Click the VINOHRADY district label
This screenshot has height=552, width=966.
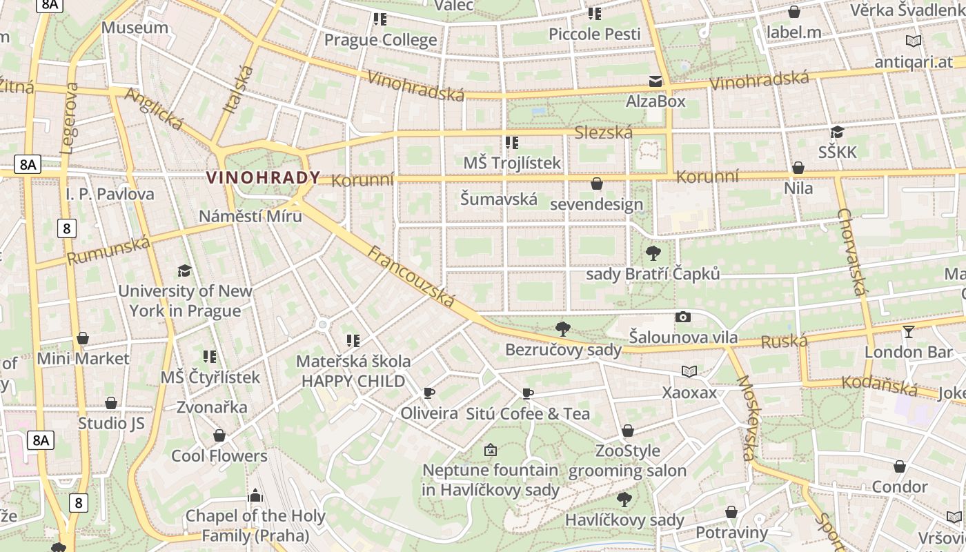263,177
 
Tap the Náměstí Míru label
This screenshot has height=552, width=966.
250,216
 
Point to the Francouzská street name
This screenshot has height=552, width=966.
411,276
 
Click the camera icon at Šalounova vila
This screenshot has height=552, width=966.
683,317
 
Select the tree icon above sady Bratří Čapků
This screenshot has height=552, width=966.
653,253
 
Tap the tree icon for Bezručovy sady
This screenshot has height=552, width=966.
563,328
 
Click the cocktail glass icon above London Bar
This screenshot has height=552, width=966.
908,332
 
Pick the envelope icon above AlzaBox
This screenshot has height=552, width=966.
655,81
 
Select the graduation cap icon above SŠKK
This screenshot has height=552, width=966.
837,132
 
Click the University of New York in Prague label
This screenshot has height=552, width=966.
185,301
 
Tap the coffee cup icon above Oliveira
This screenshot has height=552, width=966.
429,393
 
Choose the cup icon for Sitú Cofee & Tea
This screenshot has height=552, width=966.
528,393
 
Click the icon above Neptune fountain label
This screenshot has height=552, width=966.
490,450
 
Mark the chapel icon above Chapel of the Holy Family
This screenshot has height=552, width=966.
255,495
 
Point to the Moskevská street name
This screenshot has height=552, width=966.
744,418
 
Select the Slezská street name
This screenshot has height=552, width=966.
604,132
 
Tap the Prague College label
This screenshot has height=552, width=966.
380,40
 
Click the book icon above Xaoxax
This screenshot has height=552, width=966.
689,372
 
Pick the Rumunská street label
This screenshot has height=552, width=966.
108,250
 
